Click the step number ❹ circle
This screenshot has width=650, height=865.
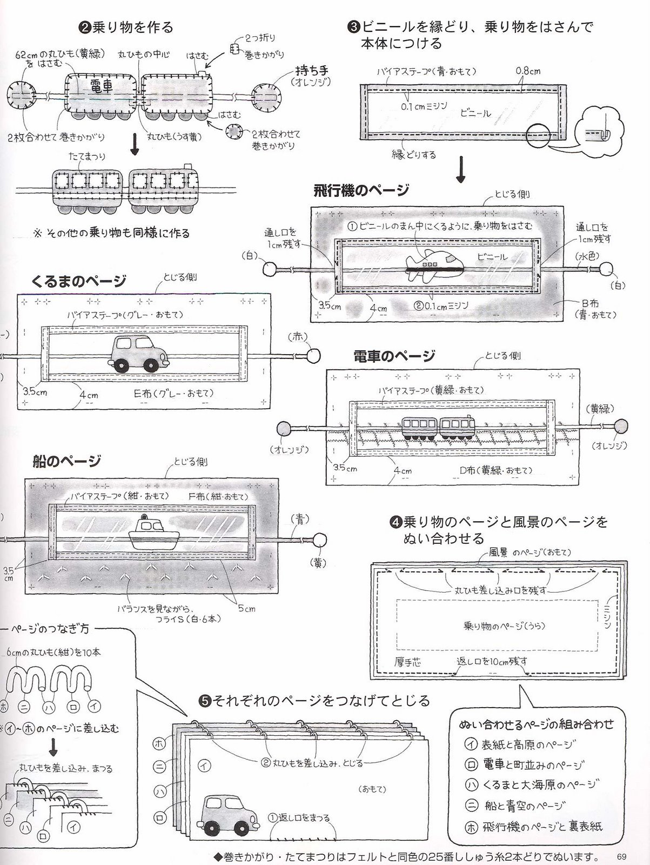coord(395,523)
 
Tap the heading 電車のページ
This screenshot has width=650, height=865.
coord(394,356)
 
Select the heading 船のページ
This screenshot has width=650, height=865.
coord(66,461)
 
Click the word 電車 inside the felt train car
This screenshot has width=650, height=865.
coord(102,86)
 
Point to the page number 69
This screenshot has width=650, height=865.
coord(620,856)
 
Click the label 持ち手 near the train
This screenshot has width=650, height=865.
coord(312,71)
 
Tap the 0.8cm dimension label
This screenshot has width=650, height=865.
coord(528,71)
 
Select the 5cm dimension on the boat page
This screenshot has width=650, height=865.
coord(246,608)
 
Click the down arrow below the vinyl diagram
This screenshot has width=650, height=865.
coord(461,170)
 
